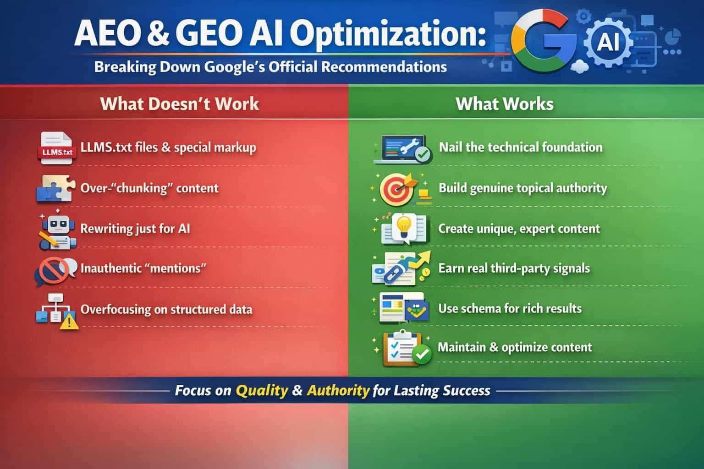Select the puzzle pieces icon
pyautogui.click(x=55, y=188)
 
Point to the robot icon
pyautogui.click(x=57, y=230)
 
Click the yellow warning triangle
pyautogui.click(x=69, y=322)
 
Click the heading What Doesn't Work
pyautogui.click(x=180, y=104)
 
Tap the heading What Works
pyautogui.click(x=505, y=104)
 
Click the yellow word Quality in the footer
pyautogui.click(x=262, y=391)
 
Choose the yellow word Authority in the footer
pyautogui.click(x=338, y=391)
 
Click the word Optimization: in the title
pyautogui.click(x=388, y=34)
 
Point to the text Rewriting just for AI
pyautogui.click(x=135, y=229)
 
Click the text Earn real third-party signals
pyautogui.click(x=514, y=268)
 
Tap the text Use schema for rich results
pyautogui.click(x=510, y=309)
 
